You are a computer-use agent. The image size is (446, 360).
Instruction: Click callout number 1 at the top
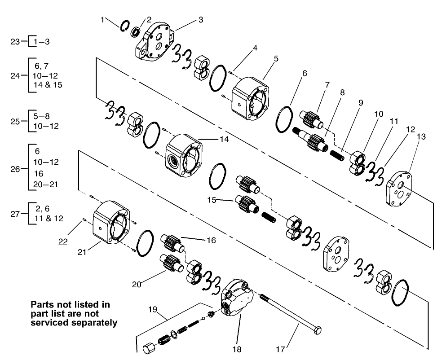(103, 19)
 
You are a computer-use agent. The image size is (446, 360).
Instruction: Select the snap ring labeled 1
(125, 26)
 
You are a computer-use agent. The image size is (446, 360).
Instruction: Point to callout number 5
(276, 58)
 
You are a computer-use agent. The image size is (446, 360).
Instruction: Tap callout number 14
(224, 139)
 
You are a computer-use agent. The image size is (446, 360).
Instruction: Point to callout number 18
(236, 349)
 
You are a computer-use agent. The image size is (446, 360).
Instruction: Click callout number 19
(153, 310)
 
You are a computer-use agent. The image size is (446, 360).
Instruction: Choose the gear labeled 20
(170, 263)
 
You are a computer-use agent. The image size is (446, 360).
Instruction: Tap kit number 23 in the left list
(15, 41)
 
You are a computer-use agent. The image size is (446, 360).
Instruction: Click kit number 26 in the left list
(15, 169)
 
